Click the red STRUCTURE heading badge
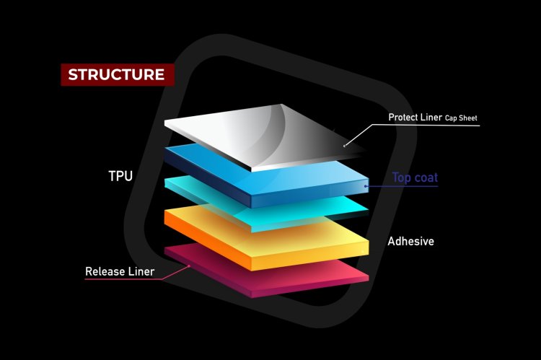[116, 74]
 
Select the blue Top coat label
[415, 177]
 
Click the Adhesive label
[411, 241]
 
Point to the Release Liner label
[120, 271]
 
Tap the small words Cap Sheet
[461, 118]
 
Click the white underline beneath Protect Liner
[426, 126]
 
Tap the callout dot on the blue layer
[366, 186]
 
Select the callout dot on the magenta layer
[189, 265]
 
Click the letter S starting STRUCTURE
[72, 74]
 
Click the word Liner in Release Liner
[140, 271]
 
